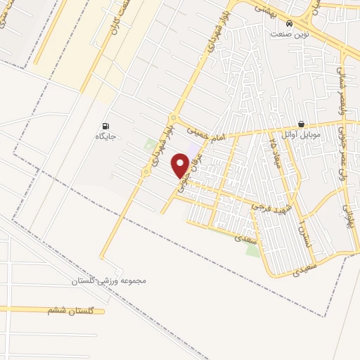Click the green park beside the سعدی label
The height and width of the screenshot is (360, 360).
click(252, 250)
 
